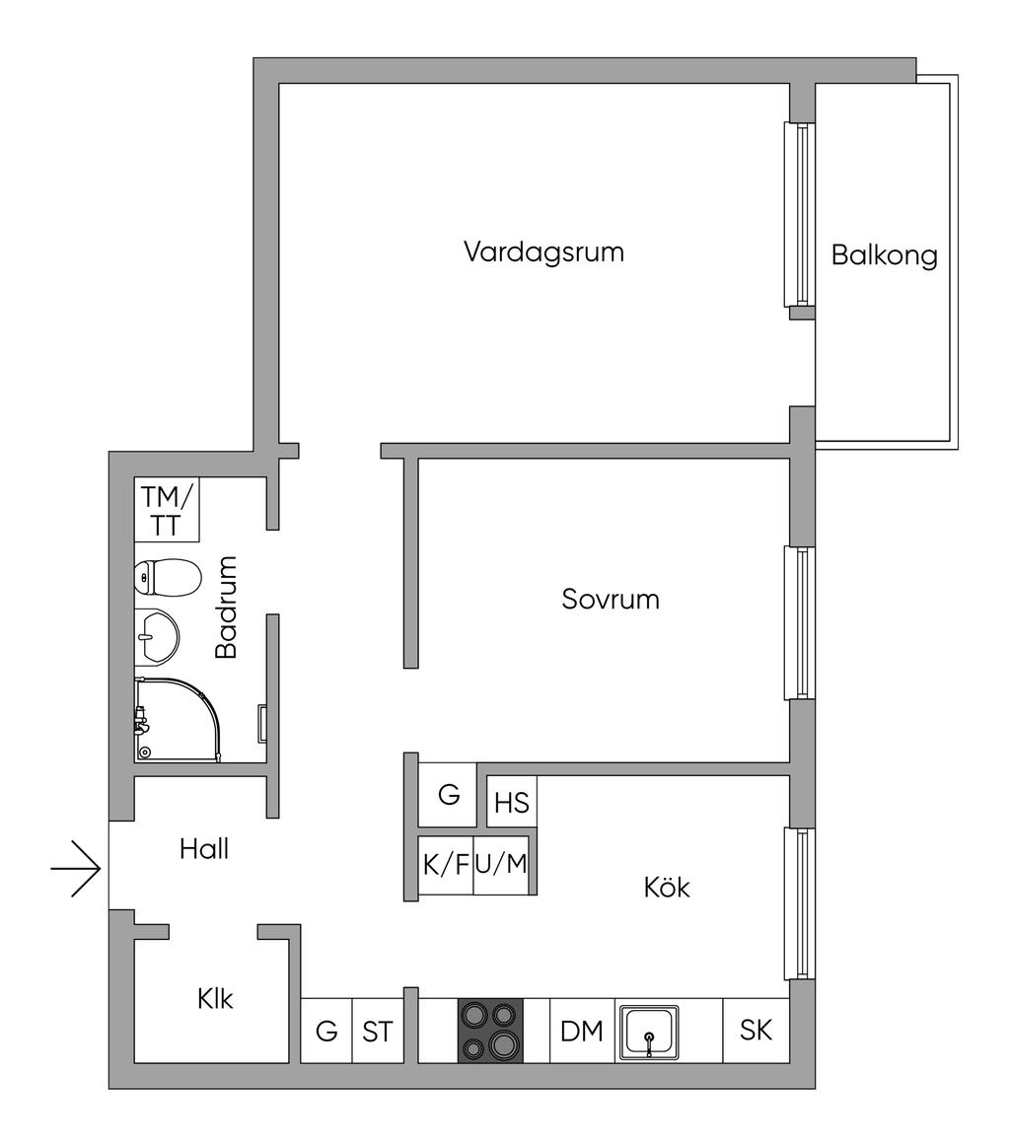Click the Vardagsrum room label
(x=543, y=251)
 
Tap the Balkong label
(x=884, y=255)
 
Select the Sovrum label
(x=611, y=599)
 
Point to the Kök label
(x=667, y=887)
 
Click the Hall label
(x=204, y=848)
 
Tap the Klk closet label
(x=215, y=998)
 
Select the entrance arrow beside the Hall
(x=77, y=869)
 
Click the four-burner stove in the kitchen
(x=490, y=1031)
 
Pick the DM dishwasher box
(x=582, y=1032)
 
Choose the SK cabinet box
(x=756, y=1030)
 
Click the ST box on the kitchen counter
(x=378, y=1032)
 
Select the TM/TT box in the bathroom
(x=167, y=509)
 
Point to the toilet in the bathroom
(x=168, y=577)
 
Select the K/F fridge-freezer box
(x=446, y=865)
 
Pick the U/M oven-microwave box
(x=501, y=865)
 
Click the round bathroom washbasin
(x=156, y=636)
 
